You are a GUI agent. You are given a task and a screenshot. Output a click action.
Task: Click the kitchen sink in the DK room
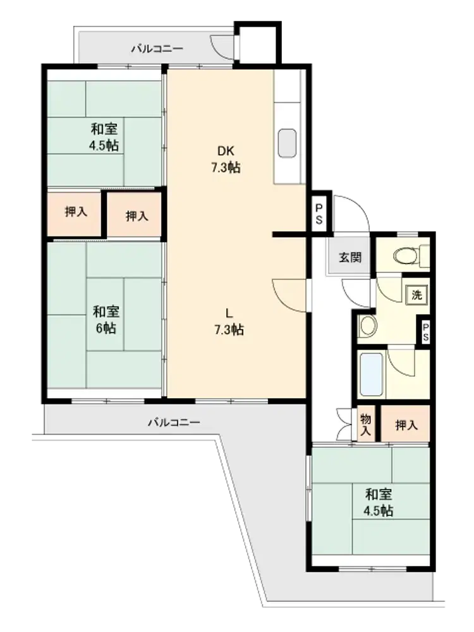pos(287,143)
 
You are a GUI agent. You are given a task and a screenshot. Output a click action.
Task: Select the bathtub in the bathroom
pos(371,374)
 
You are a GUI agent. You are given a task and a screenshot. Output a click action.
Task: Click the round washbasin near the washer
pos(368,325)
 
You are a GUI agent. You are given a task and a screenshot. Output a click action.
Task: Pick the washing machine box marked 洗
pos(416,295)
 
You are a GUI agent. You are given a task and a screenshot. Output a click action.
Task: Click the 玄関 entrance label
pos(350,257)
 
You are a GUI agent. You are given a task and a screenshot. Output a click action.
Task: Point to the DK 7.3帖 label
pos(226,159)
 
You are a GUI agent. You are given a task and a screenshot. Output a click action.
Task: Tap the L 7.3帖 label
pos(229,321)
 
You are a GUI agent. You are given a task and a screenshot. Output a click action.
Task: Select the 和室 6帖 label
pos(106,320)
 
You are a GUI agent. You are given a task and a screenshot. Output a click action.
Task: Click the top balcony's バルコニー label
pos(157,49)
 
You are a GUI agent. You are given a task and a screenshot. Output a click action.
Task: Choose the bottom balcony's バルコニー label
pos(174,422)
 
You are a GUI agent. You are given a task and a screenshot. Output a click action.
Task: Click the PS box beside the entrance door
pos(319,214)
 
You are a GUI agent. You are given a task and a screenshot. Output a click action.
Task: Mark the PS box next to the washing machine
pos(425,332)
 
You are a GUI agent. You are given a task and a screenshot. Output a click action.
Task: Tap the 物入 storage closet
pos(365,425)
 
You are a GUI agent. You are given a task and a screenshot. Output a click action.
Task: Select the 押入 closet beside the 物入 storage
pos(406,425)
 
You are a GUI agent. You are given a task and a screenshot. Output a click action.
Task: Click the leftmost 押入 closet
pos(75,212)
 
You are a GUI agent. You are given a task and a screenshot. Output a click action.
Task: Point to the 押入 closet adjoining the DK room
pos(137,216)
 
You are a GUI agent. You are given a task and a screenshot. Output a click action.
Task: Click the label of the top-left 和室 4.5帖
pos(104,137)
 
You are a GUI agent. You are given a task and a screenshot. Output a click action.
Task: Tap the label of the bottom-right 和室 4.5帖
pos(378,502)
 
